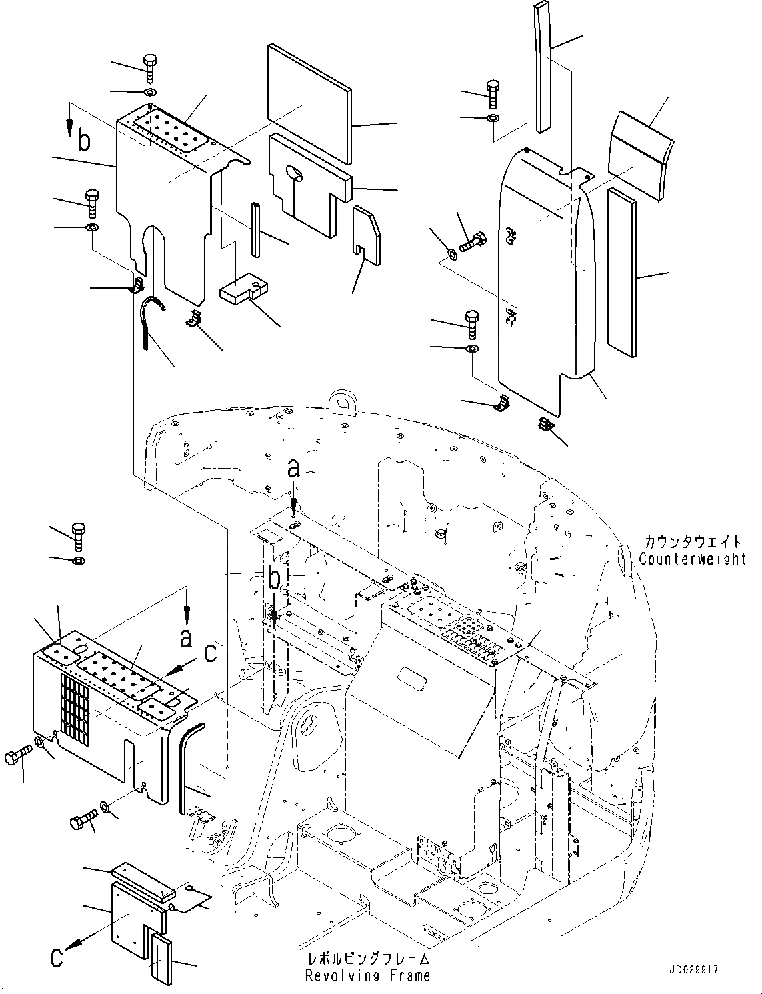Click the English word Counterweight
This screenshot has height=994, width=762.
coord(692,559)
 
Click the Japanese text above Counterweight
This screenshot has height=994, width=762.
coord(692,542)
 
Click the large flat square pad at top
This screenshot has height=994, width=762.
coord(308,104)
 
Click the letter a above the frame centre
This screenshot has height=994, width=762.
coord(293,470)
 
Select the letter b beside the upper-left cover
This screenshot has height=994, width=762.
coord(83,141)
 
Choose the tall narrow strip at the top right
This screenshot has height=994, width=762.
coord(545,67)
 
